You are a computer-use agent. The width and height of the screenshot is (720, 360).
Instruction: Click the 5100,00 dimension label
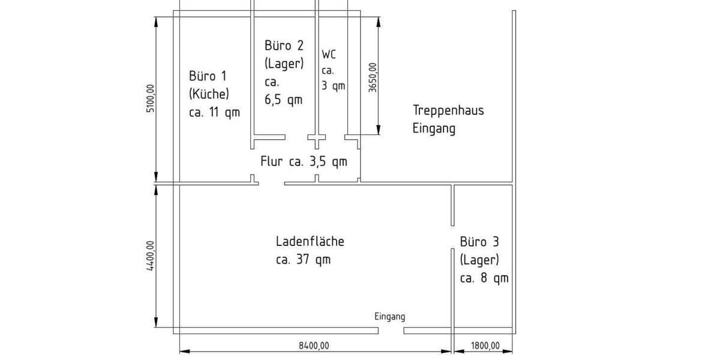(x=151, y=98)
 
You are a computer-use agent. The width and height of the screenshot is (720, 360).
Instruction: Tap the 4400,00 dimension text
(x=151, y=256)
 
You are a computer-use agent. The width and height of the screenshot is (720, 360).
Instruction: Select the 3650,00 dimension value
(x=373, y=77)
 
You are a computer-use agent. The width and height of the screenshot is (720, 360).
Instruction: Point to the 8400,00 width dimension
(x=314, y=346)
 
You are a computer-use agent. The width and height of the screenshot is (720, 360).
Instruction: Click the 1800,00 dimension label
(x=485, y=346)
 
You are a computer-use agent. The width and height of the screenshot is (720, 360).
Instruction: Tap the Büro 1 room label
(x=208, y=76)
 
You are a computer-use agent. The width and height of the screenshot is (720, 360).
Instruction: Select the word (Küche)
(x=209, y=94)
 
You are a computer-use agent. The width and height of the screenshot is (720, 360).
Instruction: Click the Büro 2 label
(x=284, y=46)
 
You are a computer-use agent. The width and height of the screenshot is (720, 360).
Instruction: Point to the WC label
(x=329, y=55)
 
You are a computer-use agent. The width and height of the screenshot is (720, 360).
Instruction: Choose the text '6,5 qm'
(x=283, y=100)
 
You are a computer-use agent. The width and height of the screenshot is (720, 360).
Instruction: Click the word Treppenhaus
(x=448, y=110)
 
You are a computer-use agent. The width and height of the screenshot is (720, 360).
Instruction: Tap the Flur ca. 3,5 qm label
(x=304, y=161)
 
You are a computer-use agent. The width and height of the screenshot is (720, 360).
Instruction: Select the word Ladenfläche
(x=310, y=241)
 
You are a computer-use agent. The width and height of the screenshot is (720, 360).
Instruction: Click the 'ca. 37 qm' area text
(x=303, y=259)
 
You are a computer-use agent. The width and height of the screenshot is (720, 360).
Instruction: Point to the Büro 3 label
(x=479, y=242)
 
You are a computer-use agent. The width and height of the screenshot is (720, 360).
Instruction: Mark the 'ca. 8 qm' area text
(x=484, y=278)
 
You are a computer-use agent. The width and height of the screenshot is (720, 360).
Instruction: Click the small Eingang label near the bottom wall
(x=389, y=317)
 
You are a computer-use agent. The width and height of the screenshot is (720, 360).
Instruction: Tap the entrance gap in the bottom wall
(x=391, y=331)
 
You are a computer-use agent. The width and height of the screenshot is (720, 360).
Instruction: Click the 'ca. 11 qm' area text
(x=214, y=113)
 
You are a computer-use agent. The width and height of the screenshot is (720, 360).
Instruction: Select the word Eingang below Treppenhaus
(x=434, y=129)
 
